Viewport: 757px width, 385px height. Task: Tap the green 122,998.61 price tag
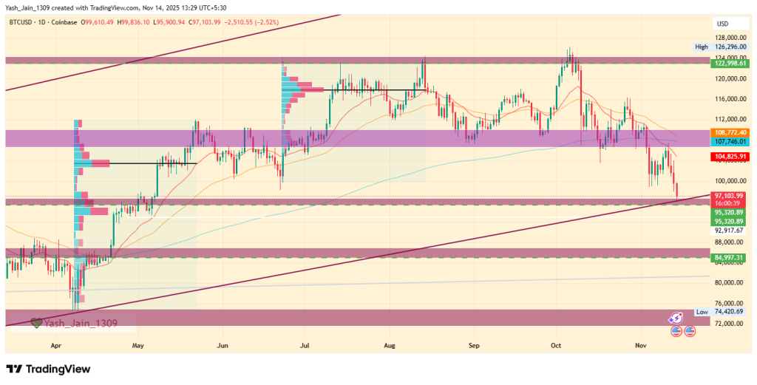[728, 64]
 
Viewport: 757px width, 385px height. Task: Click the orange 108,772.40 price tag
[728, 132]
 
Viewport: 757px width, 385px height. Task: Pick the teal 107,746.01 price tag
[728, 140]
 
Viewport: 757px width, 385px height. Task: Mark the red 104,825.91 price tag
[728, 157]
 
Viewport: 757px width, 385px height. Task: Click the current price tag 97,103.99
[728, 195]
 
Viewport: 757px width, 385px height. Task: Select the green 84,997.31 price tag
[728, 257]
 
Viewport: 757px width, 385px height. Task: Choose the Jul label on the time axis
[305, 345]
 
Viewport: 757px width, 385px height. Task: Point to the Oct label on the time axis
[557, 345]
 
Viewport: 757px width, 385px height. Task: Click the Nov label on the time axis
[639, 345]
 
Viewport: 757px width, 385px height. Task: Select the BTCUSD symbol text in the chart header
[25, 23]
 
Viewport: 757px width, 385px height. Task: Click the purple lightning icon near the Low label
[675, 316]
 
